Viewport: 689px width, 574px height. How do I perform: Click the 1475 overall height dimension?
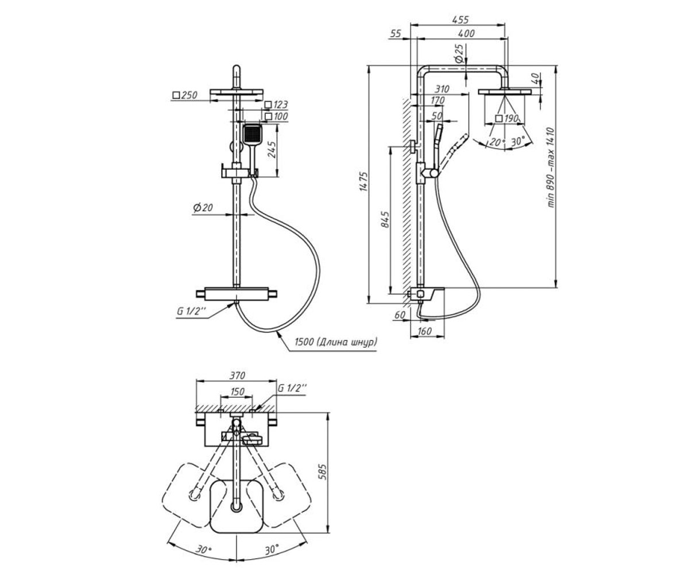click(363, 181)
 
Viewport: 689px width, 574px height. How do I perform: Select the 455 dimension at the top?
click(460, 20)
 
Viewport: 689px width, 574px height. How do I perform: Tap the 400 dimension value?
click(466, 33)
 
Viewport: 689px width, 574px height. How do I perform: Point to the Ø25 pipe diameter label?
click(459, 54)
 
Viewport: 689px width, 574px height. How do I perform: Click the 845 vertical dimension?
click(385, 219)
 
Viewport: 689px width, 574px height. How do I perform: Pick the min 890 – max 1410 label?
click(551, 168)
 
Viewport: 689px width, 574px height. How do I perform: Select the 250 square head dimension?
click(185, 95)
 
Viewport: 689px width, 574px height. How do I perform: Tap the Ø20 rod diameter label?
click(203, 207)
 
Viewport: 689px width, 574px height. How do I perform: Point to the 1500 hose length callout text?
click(336, 342)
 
